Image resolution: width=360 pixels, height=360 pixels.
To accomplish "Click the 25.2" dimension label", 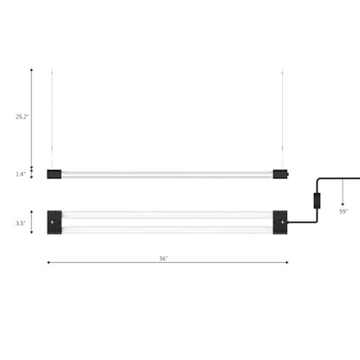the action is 22,117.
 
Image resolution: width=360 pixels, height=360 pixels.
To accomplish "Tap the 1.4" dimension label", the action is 21,174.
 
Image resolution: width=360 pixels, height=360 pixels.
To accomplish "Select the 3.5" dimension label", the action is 21,223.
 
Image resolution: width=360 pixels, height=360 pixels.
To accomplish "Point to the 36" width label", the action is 164,259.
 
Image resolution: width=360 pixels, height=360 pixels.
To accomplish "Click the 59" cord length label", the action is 344,211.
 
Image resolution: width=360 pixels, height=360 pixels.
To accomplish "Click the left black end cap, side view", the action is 55,174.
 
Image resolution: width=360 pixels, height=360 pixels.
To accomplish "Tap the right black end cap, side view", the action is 280,174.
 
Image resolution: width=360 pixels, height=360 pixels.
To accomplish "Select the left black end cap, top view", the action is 55,222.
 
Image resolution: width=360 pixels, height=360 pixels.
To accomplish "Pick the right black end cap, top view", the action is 280,222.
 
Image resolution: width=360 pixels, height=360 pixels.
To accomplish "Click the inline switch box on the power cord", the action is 317,201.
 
